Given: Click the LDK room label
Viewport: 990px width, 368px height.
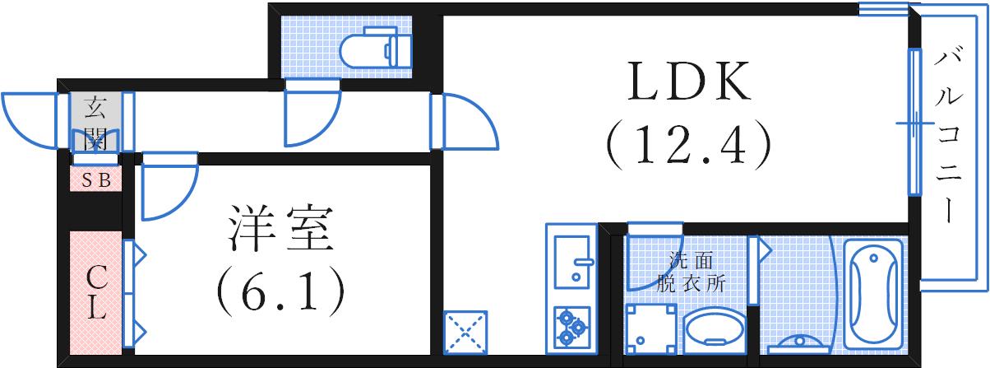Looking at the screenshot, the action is click(x=688, y=82).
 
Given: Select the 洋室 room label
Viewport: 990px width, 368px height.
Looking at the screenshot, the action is click(x=280, y=229).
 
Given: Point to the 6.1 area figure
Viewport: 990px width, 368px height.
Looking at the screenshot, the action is click(x=281, y=291).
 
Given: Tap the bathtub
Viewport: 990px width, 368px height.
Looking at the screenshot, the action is click(x=873, y=295).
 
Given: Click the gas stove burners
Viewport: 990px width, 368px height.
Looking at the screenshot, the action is click(x=572, y=328).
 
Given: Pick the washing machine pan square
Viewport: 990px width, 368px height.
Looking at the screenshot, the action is click(x=650, y=329).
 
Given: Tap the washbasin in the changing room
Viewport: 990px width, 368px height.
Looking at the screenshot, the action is click(x=715, y=331).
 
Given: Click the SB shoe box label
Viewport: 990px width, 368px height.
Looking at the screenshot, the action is click(x=96, y=180).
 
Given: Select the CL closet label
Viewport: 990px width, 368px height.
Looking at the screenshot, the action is click(x=96, y=293).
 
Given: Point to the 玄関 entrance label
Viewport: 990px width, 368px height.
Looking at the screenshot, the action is click(x=96, y=123).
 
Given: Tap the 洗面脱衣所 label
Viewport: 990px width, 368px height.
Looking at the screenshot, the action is click(x=691, y=272).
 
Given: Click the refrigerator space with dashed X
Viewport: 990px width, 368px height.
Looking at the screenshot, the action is click(x=465, y=333).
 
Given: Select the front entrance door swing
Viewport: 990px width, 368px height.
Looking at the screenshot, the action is click(x=30, y=120).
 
